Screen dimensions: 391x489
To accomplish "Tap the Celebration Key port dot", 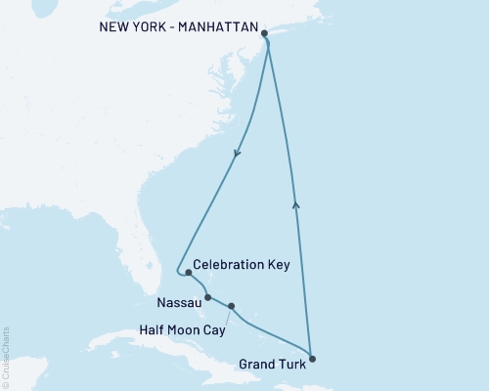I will (x=188, y=273).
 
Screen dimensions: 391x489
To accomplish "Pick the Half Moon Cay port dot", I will (x=231, y=307).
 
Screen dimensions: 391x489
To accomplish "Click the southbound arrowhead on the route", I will (x=236, y=153).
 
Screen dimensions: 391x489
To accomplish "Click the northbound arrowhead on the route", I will (x=296, y=203).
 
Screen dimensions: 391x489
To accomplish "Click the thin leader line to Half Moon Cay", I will (x=225, y=316).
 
